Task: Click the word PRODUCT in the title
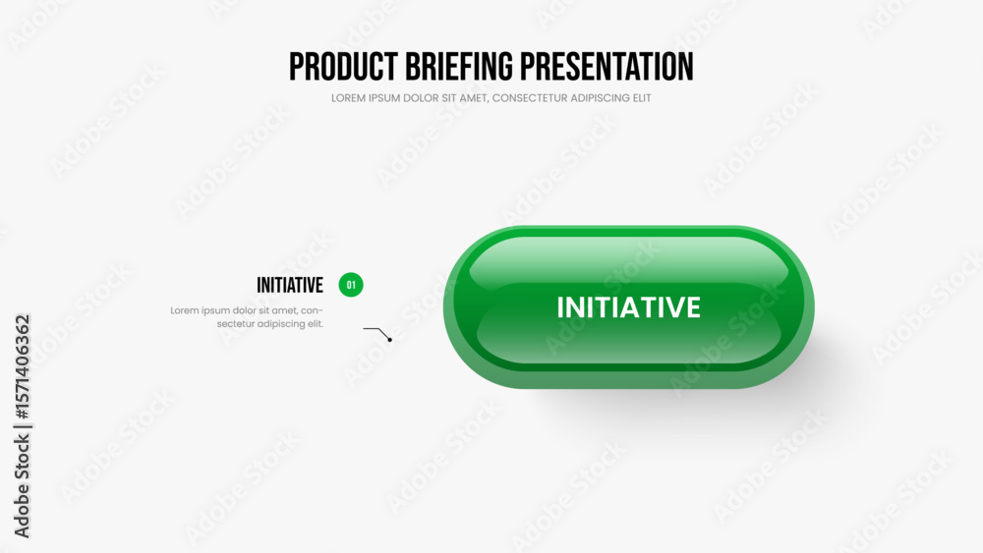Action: [x=343, y=67]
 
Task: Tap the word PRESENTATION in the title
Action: [x=607, y=67]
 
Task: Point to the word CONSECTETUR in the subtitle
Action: [x=530, y=97]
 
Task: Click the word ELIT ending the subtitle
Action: [x=642, y=97]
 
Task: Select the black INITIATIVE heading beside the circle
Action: [x=290, y=285]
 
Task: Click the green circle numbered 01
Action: [x=351, y=285]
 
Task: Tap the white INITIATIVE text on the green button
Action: [x=629, y=307]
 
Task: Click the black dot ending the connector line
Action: [x=390, y=340]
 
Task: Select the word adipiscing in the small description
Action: [x=281, y=324]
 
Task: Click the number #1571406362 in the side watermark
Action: [x=22, y=366]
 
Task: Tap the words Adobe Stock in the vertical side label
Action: [x=22, y=486]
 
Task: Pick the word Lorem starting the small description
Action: [x=185, y=310]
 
